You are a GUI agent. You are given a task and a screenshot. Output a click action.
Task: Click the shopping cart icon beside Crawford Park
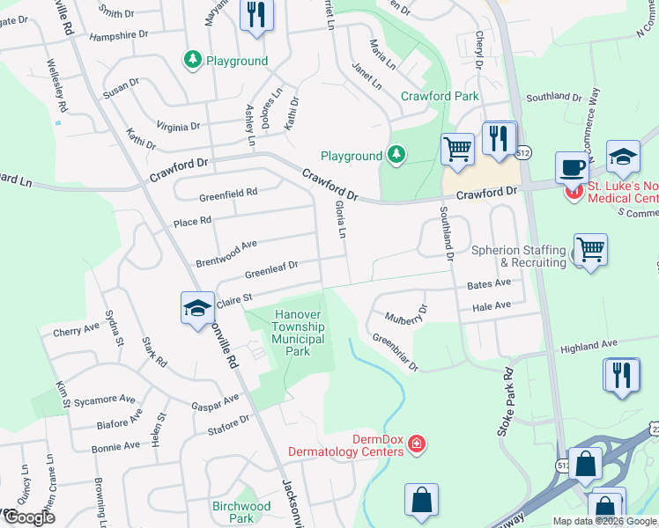point(457,149)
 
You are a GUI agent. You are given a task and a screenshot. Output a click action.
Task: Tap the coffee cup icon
point(572,166)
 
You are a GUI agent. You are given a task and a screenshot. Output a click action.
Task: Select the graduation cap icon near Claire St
point(197,308)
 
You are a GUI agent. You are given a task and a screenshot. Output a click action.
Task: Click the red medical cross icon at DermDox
point(416,447)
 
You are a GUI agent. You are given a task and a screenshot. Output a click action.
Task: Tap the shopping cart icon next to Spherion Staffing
point(589,249)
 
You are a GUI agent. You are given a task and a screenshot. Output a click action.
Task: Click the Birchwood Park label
point(241,512)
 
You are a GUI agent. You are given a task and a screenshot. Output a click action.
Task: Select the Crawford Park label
point(440,96)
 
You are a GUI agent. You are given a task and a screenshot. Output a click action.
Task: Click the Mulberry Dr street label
point(405,314)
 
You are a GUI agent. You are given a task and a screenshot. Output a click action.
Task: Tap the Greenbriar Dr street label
point(394,351)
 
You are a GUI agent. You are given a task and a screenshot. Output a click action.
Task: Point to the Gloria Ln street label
point(340,220)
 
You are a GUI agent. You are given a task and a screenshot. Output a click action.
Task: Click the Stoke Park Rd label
point(505,403)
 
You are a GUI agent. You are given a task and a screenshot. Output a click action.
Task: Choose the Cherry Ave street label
point(77,332)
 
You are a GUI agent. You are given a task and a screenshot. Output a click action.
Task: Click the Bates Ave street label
point(489,284)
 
